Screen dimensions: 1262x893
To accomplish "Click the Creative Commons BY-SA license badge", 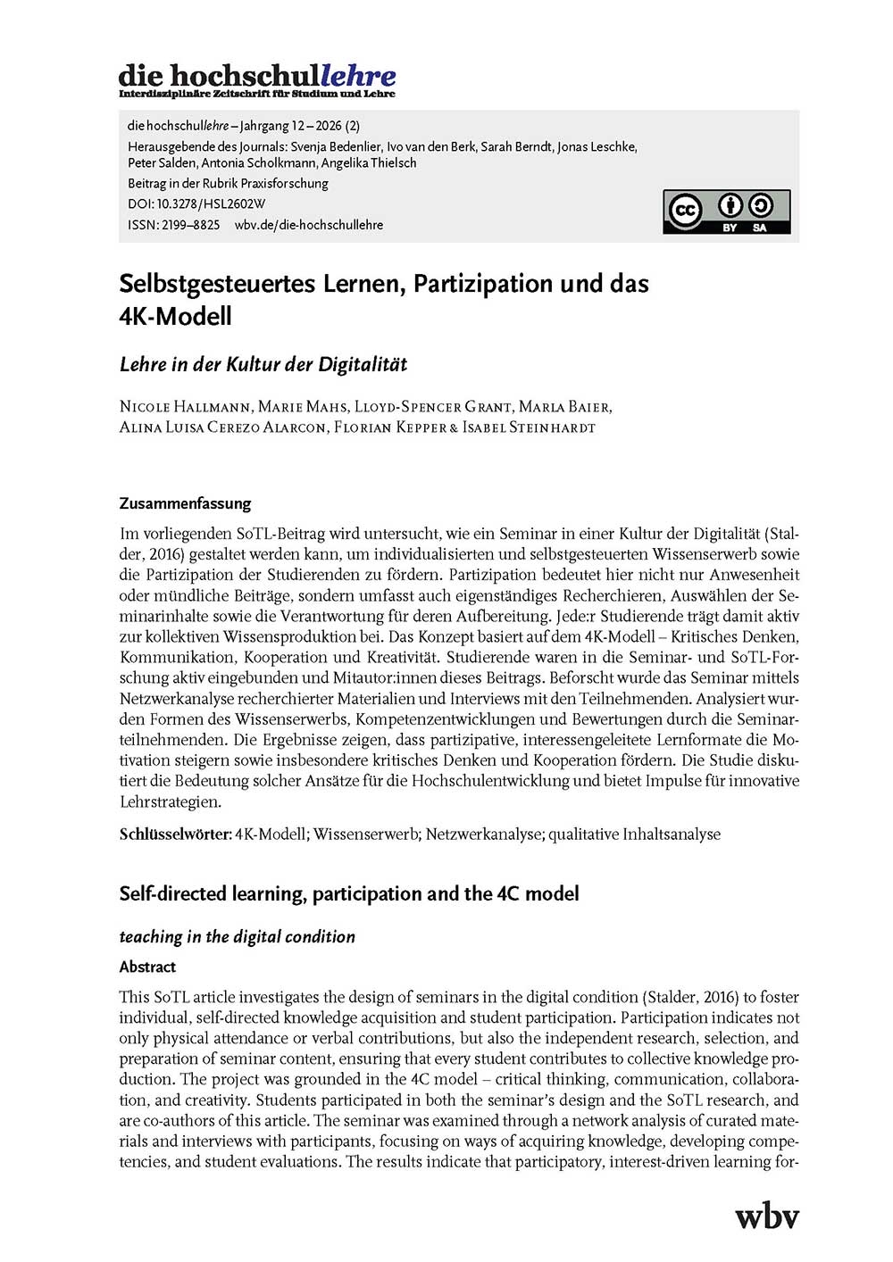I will pyautogui.click(x=726, y=212).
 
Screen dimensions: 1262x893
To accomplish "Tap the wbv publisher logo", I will pyautogui.click(x=766, y=1216).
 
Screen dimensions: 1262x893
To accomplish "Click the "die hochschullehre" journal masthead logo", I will pyautogui.click(x=257, y=79).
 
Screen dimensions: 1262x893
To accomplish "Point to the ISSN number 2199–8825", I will pyautogui.click(x=190, y=225).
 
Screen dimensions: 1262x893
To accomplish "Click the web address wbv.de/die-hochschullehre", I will pyautogui.click(x=309, y=225).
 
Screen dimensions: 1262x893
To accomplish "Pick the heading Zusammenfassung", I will pyautogui.click(x=185, y=503).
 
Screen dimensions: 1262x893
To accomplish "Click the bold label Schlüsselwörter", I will pyautogui.click(x=175, y=834).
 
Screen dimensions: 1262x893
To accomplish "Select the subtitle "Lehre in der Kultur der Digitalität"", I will pyautogui.click(x=263, y=364).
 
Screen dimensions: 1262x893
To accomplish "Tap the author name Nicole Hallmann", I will pyautogui.click(x=185, y=407).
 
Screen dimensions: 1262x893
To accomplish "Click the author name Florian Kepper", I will pyautogui.click(x=389, y=428).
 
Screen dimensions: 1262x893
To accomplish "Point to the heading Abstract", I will pyautogui.click(x=147, y=967).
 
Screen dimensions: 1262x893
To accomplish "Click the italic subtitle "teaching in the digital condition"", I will pyautogui.click(x=237, y=936).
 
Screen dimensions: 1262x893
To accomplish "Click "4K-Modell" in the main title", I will pyautogui.click(x=175, y=316).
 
